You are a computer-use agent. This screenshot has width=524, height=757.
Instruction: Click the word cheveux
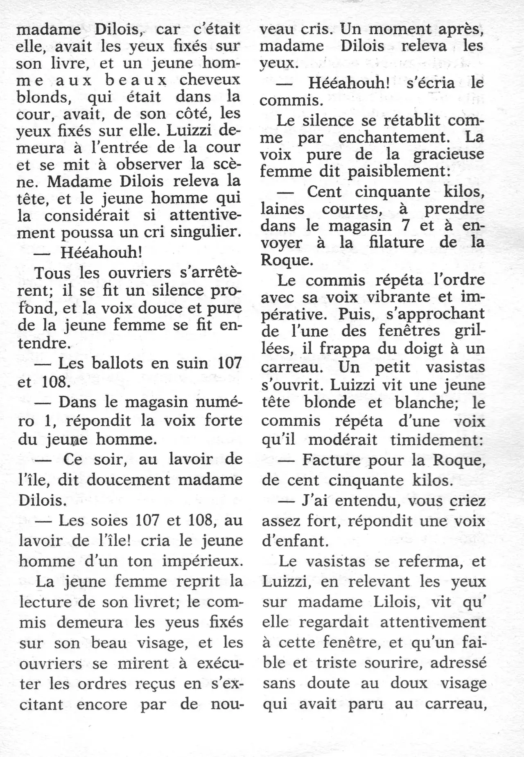pyautogui.click(x=209, y=80)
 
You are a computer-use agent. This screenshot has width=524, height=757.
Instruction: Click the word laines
pyautogui.click(x=283, y=209)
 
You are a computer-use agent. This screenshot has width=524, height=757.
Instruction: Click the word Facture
pyautogui.click(x=330, y=460)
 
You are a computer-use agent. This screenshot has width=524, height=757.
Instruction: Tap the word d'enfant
pyautogui.click(x=295, y=541)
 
